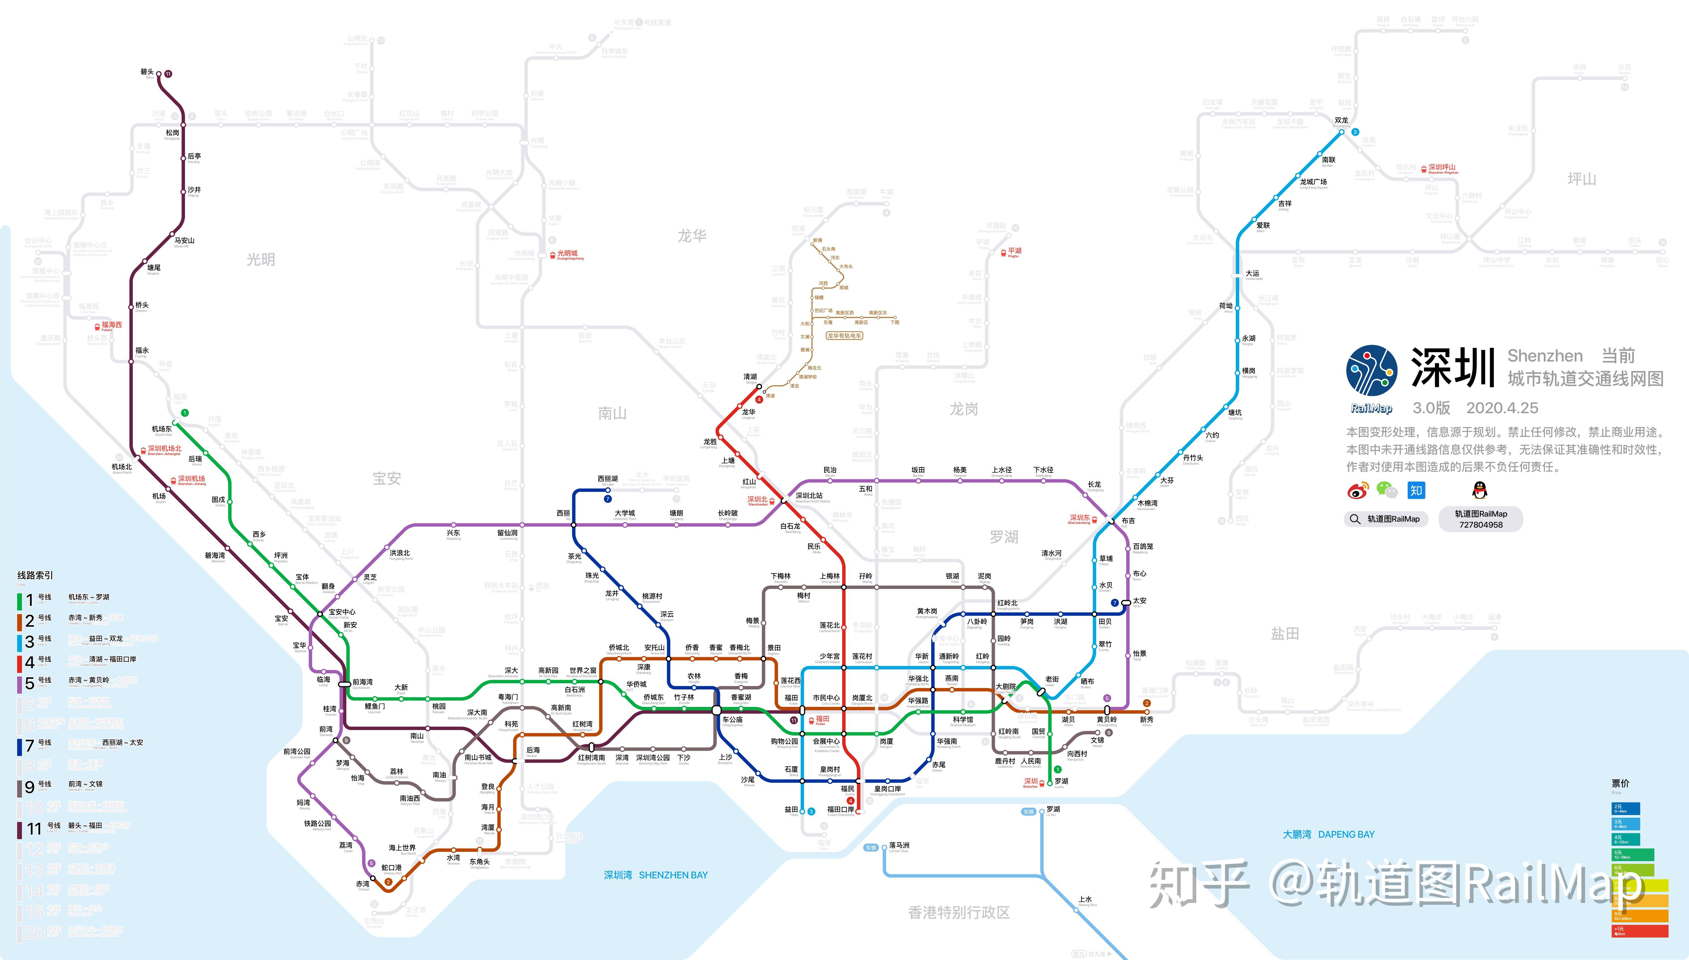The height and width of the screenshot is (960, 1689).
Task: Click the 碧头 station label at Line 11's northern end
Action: click(x=147, y=72)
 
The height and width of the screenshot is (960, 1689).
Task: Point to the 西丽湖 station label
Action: click(x=607, y=479)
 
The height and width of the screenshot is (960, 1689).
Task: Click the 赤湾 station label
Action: click(x=363, y=884)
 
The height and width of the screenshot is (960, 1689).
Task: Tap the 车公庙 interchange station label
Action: click(x=732, y=720)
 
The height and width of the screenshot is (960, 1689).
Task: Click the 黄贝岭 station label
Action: click(x=1107, y=720)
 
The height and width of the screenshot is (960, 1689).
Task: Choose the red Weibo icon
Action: click(x=1357, y=490)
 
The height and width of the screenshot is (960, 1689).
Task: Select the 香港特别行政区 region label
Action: click(x=958, y=913)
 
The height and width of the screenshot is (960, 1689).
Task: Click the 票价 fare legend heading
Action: click(x=1620, y=783)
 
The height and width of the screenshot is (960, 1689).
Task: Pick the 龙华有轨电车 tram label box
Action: click(x=844, y=336)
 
